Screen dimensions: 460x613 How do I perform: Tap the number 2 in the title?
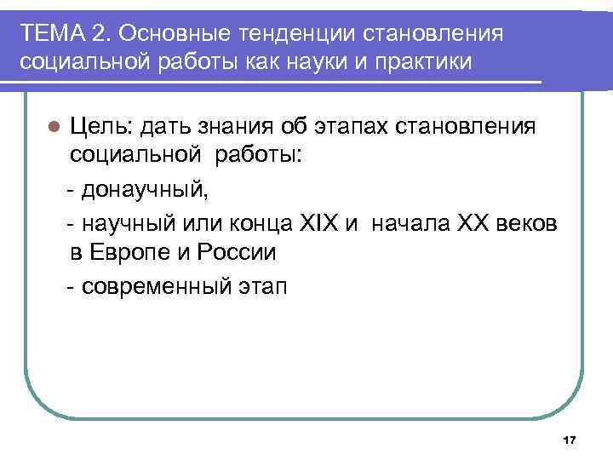(101, 33)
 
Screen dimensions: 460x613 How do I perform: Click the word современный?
(149, 285)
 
